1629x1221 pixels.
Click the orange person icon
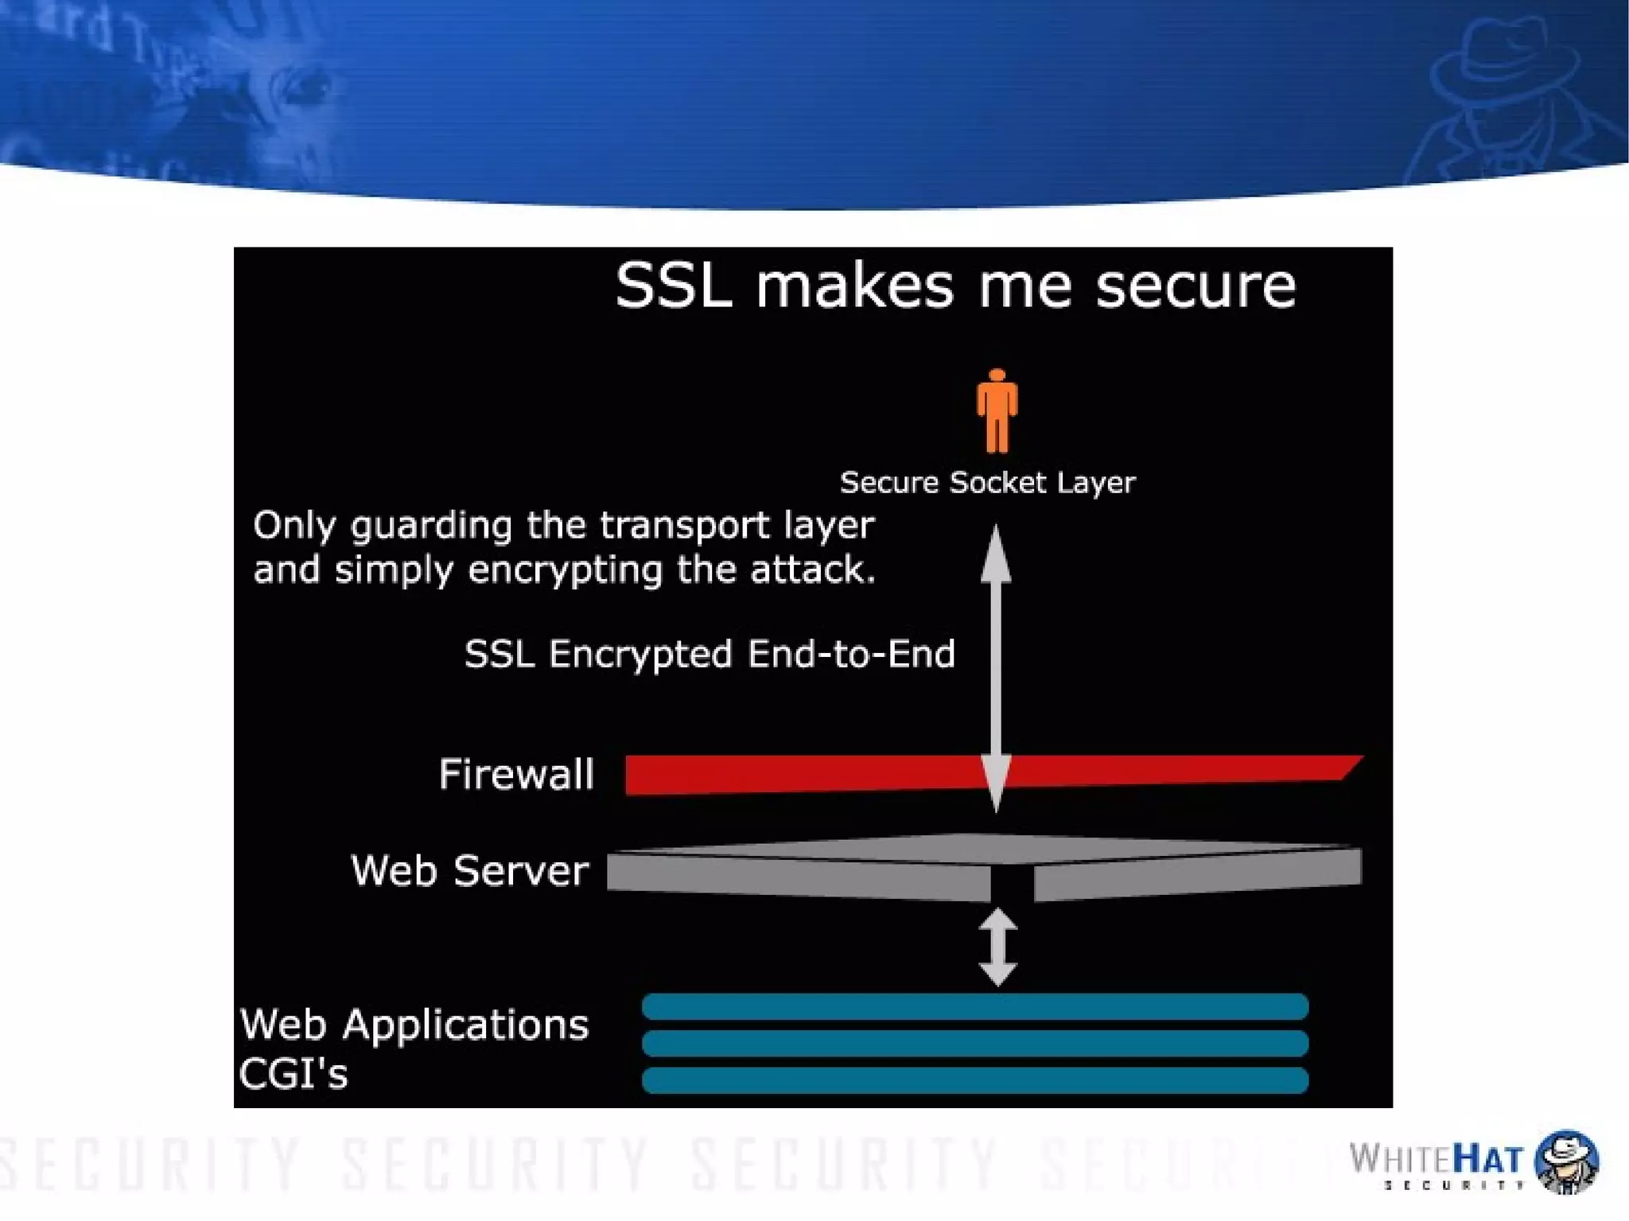(997, 410)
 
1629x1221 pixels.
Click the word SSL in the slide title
(673, 286)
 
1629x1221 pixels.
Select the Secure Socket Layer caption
(987, 482)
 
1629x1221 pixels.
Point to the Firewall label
(516, 774)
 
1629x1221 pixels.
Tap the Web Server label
(469, 870)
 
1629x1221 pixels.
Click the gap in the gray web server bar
(1012, 883)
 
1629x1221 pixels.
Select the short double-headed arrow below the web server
(997, 947)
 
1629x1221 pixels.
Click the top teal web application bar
(974, 1006)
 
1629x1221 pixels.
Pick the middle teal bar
(974, 1043)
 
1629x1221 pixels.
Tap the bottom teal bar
(974, 1080)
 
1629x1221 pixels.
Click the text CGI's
(294, 1074)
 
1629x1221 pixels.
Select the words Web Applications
(414, 1025)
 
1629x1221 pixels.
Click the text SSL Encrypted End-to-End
(709, 654)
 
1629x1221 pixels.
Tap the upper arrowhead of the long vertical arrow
(996, 553)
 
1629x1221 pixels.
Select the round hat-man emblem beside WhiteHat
(1565, 1161)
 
